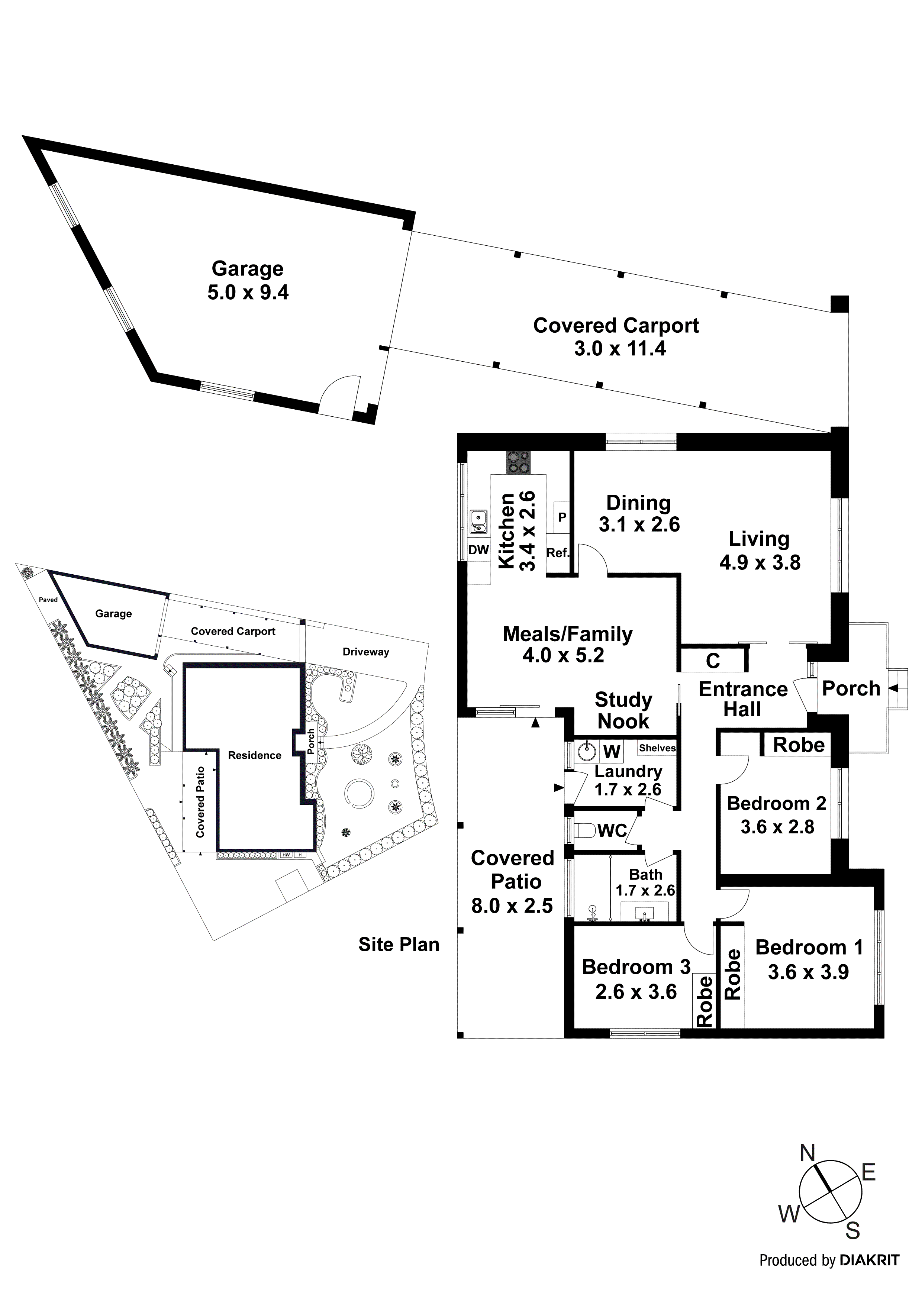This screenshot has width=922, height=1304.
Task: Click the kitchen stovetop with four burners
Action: [518, 462]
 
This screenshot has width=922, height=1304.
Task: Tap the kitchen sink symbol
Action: [478, 522]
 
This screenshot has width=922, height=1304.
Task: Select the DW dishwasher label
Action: [478, 550]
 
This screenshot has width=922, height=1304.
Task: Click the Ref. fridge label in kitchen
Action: [557, 553]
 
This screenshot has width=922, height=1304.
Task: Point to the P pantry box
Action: [562, 517]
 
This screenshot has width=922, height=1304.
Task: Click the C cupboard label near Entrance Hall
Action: [712, 661]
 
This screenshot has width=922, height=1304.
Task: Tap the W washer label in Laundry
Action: [611, 751]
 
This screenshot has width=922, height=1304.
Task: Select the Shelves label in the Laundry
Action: [657, 748]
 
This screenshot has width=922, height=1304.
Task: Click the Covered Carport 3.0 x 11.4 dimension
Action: [619, 348]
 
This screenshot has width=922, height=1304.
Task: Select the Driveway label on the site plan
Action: [365, 652]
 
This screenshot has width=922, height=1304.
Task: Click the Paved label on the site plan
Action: [48, 600]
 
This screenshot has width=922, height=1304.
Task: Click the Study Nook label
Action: [623, 710]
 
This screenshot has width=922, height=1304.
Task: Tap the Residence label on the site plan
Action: [255, 755]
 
